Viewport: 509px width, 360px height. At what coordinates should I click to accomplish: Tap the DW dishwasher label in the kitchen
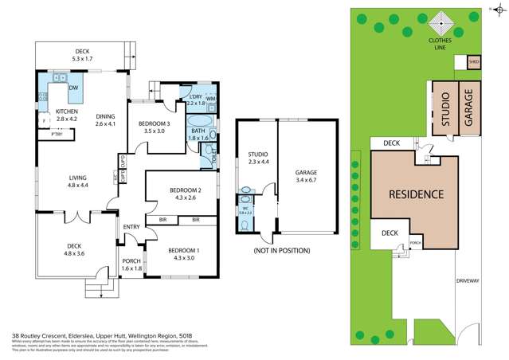coord(73,88)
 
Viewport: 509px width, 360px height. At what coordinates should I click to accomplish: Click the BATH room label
coord(198,131)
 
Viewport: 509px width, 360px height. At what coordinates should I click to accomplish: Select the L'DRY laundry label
coord(195,99)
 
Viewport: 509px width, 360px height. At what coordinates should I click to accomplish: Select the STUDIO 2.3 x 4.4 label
coord(257,157)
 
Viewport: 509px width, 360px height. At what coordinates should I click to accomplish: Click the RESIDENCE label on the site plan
coord(415,194)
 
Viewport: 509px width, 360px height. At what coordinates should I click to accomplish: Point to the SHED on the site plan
coord(474,61)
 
